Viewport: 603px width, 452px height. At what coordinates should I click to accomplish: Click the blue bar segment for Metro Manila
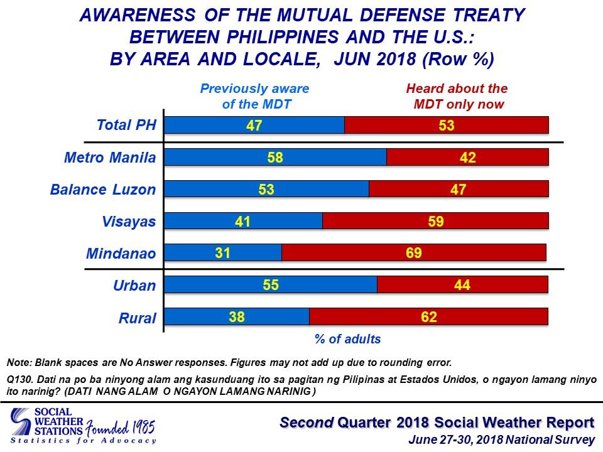point(275,157)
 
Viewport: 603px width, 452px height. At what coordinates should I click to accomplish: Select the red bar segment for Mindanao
point(414,252)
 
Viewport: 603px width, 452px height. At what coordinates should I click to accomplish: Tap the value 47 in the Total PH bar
point(254,126)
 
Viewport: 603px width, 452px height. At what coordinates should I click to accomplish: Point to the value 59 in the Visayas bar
point(436,221)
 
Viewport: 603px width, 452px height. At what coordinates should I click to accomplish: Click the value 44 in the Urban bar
point(462,285)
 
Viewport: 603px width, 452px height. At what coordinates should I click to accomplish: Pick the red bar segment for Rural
point(429,316)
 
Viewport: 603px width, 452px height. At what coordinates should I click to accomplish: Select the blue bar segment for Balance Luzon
point(266,189)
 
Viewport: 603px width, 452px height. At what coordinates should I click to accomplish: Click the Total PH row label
point(126,125)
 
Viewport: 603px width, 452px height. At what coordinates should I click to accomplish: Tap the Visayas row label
point(129,222)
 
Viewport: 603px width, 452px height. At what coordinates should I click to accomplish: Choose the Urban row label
point(134,286)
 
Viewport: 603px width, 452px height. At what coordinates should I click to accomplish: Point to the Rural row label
point(138,318)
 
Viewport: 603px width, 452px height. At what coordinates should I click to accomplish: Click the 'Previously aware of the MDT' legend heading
point(254,96)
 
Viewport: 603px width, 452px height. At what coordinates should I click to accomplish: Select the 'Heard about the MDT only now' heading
point(457,96)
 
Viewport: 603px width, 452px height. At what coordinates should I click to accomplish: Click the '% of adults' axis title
point(347,339)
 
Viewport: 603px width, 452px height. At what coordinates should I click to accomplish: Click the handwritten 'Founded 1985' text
point(120,428)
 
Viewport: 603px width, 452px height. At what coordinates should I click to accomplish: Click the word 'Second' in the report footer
point(307,422)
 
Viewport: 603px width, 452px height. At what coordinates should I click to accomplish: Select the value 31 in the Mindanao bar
point(222,253)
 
